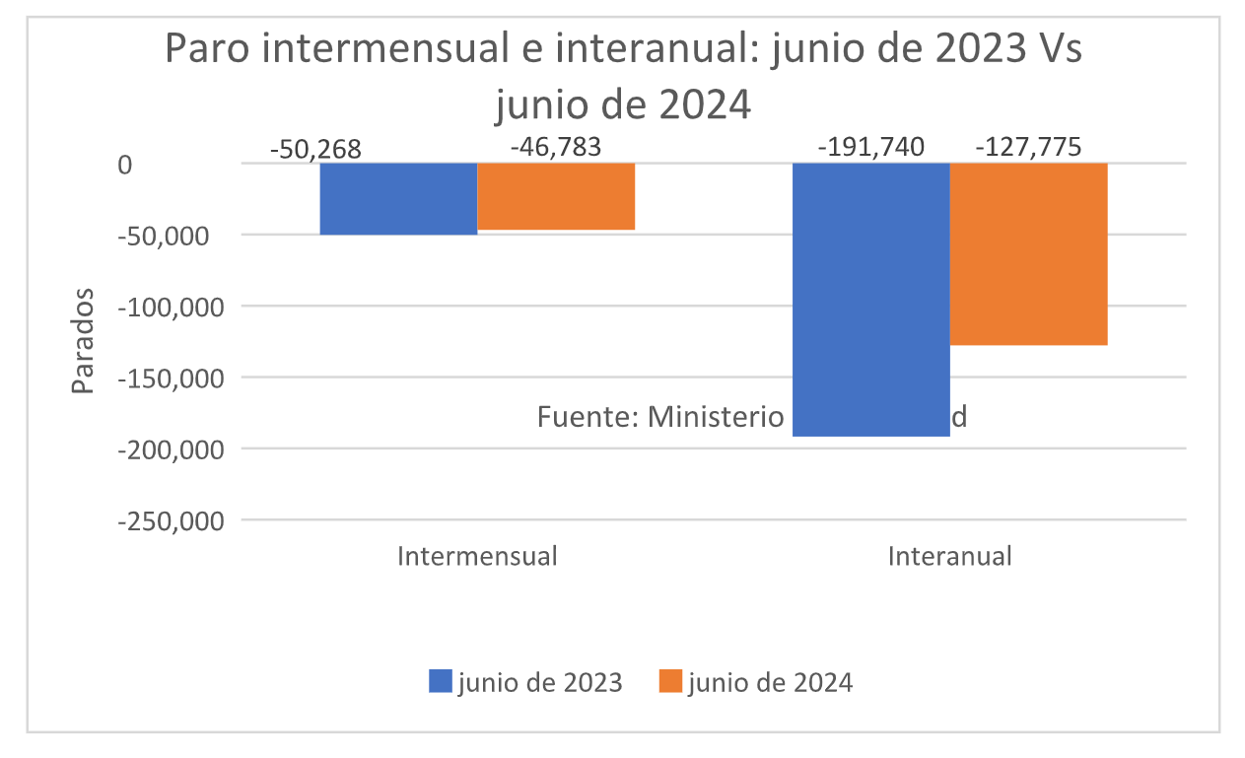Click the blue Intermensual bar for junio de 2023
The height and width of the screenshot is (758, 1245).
(x=398, y=198)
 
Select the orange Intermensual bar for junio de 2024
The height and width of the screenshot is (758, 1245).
(x=556, y=196)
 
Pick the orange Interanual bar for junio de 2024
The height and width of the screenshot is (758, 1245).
(x=1028, y=253)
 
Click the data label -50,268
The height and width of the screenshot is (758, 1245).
(x=315, y=150)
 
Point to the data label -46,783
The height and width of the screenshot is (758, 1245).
(x=556, y=148)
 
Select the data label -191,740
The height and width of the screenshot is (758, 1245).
(x=871, y=148)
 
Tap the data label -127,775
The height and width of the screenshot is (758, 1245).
(x=1028, y=148)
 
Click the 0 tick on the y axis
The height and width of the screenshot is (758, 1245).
(x=124, y=166)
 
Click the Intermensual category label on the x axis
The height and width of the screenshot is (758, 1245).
(x=477, y=556)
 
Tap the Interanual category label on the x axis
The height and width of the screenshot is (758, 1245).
(x=949, y=556)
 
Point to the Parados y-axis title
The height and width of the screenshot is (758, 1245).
(x=84, y=341)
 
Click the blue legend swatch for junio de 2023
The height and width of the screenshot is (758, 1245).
(x=441, y=681)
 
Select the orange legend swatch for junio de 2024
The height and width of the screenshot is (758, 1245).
(x=671, y=681)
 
